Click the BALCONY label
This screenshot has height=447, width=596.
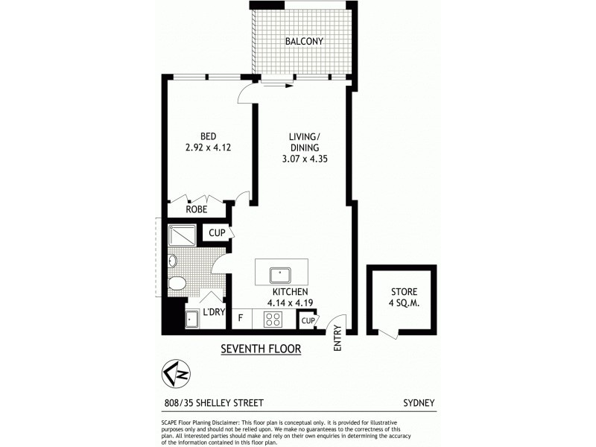click(304, 41)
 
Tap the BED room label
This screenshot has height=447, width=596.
click(208, 136)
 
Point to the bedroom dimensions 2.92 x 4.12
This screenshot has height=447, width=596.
click(208, 148)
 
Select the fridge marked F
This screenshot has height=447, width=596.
click(240, 318)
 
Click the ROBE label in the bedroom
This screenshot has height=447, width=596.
click(197, 209)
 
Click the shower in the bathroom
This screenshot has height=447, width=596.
click(181, 236)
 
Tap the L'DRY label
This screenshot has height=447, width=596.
click(213, 312)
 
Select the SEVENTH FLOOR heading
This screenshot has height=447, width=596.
click(261, 349)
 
